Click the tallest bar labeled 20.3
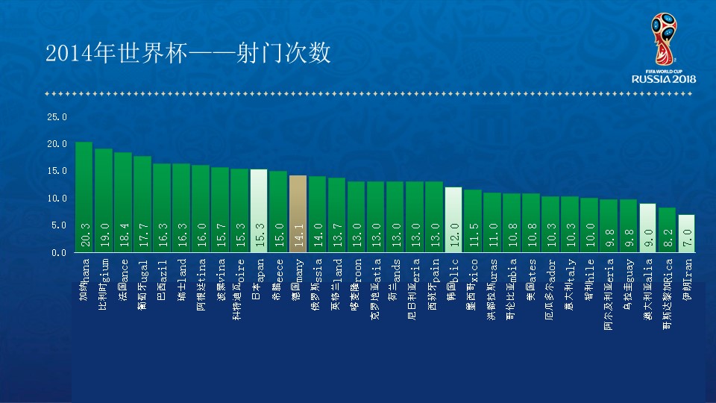point(84,197)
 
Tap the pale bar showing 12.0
point(453,219)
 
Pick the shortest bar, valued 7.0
point(686,233)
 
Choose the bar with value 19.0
point(103,200)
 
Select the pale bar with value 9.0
point(647,228)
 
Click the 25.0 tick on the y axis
point(57,117)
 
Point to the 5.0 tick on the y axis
point(59,225)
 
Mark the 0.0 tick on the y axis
point(59,253)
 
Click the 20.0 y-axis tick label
point(57,144)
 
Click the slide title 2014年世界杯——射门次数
point(187,54)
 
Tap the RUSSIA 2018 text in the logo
point(663,78)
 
